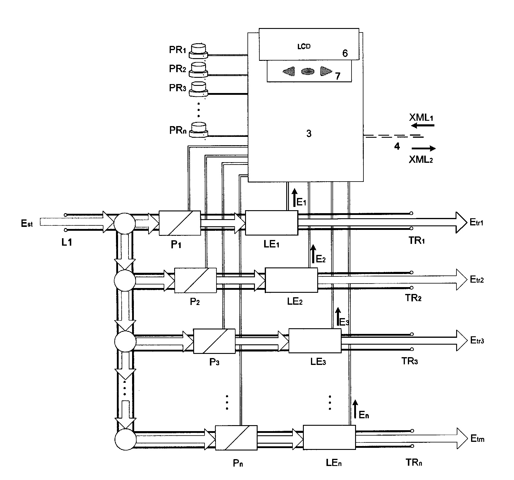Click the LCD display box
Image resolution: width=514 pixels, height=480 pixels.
point(309,44)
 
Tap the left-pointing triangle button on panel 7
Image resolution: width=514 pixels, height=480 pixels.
point(289,71)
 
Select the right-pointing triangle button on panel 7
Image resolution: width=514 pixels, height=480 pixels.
point(326,71)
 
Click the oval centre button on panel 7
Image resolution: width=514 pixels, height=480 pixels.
point(307,71)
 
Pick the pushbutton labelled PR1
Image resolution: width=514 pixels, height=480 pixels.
point(199,51)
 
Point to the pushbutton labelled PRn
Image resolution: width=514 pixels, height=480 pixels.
point(199,130)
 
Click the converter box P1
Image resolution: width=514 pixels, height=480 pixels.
point(179,223)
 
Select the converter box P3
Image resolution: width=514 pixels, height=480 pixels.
point(214,341)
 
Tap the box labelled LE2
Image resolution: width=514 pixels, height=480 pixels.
point(291,280)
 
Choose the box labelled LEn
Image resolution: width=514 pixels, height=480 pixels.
point(329,437)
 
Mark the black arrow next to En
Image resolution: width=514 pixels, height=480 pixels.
point(355,409)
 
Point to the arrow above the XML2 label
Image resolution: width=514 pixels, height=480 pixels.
point(423,148)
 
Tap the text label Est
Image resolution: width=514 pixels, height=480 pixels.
point(27,224)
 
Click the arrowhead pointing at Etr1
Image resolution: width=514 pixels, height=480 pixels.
point(461,222)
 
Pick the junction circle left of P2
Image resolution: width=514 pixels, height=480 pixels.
point(125,280)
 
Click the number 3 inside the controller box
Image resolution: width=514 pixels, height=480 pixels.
point(309,134)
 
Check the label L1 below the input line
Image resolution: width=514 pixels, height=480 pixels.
point(67,243)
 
